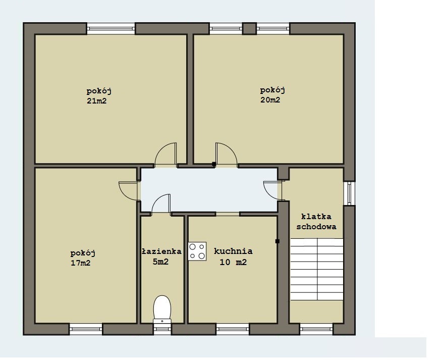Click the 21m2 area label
coord(96,101)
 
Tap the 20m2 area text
coord(270,100)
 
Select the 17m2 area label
coord(81,263)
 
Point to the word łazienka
coord(161,251)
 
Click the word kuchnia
coord(233,251)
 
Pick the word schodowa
coord(316,227)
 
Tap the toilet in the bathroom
coord(162,310)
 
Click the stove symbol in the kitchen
coord(197,251)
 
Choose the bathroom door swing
coord(161,203)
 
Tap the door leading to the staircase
coord(272,190)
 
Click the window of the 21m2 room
coord(110,28)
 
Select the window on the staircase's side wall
coord(349,193)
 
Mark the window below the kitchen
coord(233,329)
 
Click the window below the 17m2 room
coord(86,329)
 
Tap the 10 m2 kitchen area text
coord(233,262)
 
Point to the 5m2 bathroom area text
coord(160,262)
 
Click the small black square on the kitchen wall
coord(277,241)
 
